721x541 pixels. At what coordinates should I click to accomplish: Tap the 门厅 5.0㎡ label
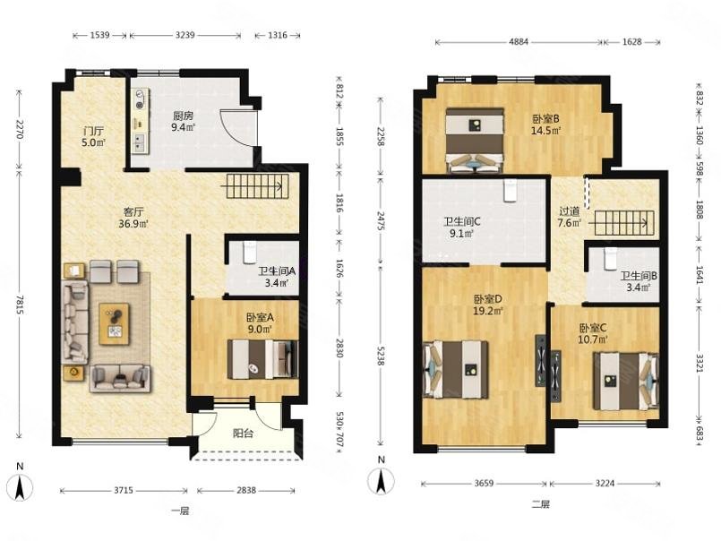94,137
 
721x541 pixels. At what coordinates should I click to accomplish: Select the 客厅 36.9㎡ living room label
133,218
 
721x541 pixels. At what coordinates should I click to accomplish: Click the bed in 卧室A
263,359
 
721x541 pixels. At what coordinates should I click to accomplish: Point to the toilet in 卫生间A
250,252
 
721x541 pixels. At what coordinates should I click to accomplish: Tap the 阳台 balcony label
243,434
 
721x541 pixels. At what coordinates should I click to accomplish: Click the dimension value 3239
185,35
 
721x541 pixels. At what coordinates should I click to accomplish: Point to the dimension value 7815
20,305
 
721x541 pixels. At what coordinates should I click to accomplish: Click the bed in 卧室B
475,140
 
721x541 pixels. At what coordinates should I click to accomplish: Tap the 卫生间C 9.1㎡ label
462,228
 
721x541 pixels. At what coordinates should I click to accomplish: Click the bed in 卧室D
456,369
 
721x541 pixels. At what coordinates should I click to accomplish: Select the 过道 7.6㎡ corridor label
570,217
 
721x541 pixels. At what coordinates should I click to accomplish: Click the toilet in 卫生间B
610,259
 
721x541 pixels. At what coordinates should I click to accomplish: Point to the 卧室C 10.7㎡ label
593,333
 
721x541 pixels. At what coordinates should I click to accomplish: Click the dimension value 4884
519,42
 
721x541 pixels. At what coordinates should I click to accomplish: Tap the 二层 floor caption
541,504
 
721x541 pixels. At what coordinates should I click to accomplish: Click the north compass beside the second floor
381,480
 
